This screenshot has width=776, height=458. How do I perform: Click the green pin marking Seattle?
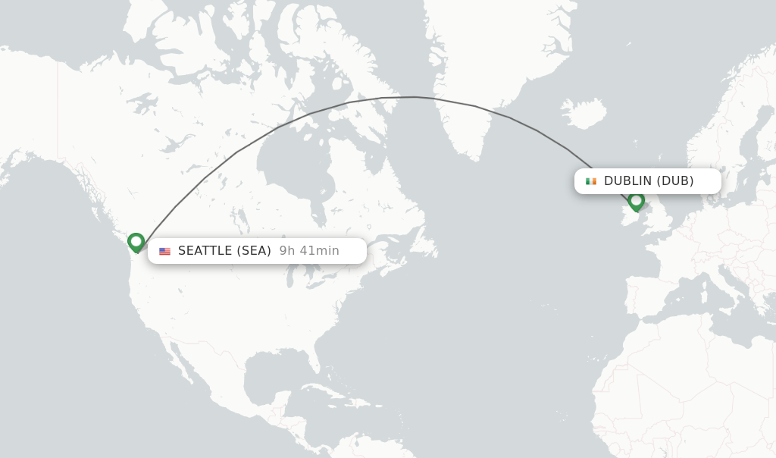point(136,242)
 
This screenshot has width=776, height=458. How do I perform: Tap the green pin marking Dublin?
point(637,200)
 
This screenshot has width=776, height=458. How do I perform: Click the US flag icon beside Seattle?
point(164,251)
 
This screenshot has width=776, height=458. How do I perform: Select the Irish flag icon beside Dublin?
point(591,181)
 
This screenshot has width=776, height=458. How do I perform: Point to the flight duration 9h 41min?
point(309,251)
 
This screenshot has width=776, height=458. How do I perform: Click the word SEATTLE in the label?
point(205,251)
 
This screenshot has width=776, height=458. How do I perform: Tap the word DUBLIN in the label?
point(627,181)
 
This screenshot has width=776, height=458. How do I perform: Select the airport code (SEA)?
point(254,251)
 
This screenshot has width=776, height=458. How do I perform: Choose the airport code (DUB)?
point(675,181)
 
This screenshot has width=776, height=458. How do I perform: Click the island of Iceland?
point(584,114)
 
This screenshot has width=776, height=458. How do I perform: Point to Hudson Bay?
point(292,163)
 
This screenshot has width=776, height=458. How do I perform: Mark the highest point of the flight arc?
point(415,97)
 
